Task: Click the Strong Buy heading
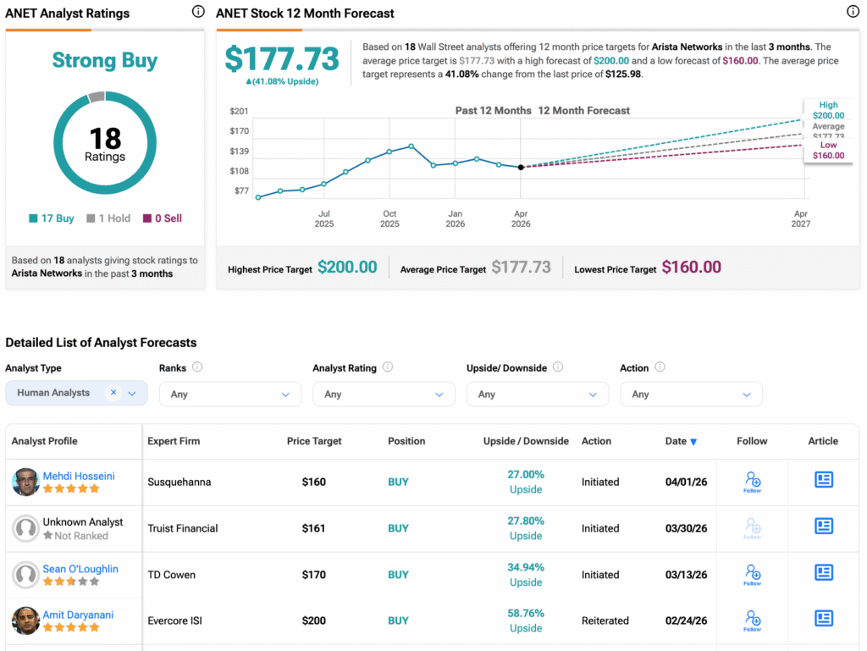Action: pyautogui.click(x=105, y=61)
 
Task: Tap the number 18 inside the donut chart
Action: pyautogui.click(x=105, y=138)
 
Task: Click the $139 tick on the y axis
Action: pyautogui.click(x=240, y=151)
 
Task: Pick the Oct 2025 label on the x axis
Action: pyautogui.click(x=389, y=218)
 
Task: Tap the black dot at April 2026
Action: pyautogui.click(x=521, y=168)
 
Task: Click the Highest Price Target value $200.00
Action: pyautogui.click(x=347, y=268)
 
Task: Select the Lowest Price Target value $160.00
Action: pyautogui.click(x=691, y=268)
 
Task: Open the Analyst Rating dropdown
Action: pyautogui.click(x=384, y=394)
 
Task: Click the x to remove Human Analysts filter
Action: pyautogui.click(x=113, y=393)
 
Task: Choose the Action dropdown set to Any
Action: pyautogui.click(x=691, y=394)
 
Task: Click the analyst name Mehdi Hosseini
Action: pyautogui.click(x=79, y=476)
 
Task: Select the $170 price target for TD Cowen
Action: pyautogui.click(x=313, y=575)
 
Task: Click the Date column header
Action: pyautogui.click(x=681, y=441)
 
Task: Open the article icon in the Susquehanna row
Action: pyautogui.click(x=823, y=480)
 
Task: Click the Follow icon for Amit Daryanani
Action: pyautogui.click(x=752, y=620)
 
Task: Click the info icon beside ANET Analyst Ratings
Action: pyautogui.click(x=198, y=12)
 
